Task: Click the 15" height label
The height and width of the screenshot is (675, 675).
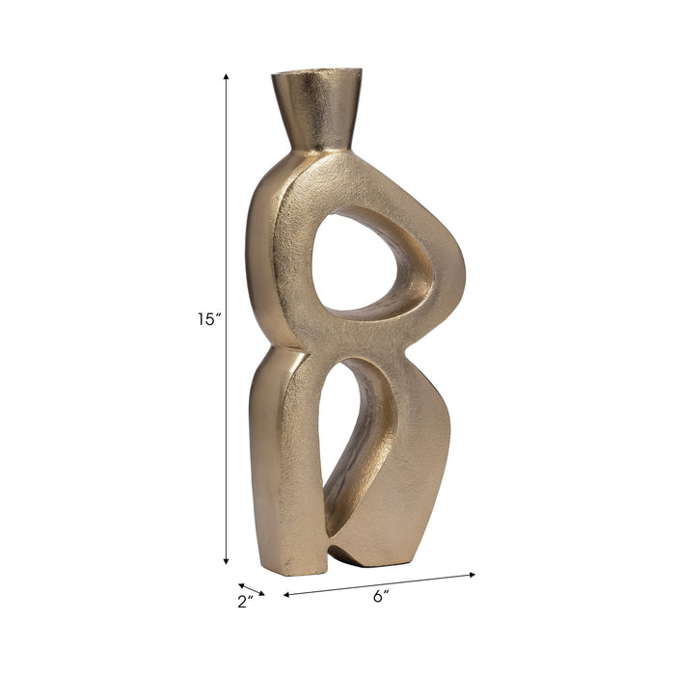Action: click(208, 319)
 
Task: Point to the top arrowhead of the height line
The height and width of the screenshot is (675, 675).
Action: click(227, 76)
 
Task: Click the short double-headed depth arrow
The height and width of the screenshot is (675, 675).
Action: click(252, 589)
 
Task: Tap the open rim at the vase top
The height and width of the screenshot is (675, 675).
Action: click(316, 74)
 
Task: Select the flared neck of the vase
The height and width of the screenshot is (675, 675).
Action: click(316, 111)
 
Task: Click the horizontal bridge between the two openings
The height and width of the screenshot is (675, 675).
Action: click(366, 333)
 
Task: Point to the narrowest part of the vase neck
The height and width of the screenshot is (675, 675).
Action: click(316, 146)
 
